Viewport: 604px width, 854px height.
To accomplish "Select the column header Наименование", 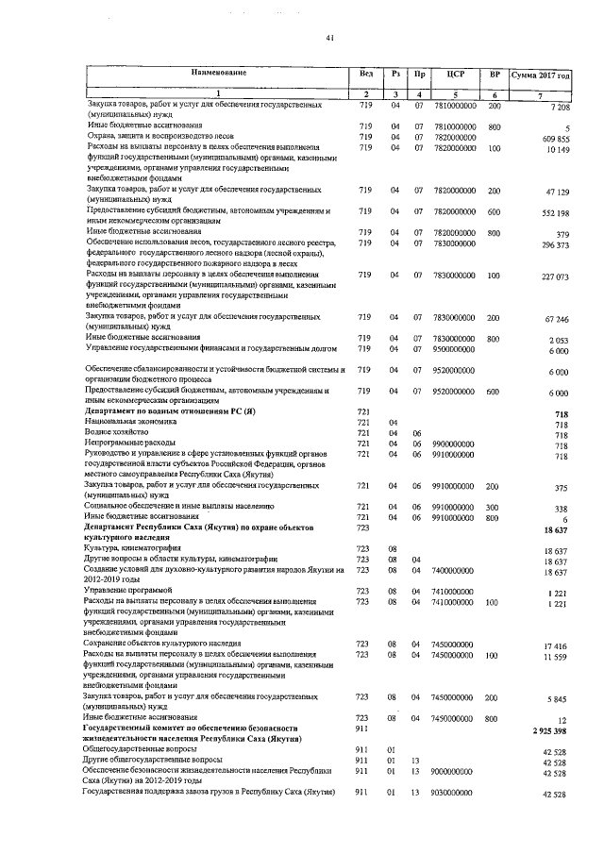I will (218, 73).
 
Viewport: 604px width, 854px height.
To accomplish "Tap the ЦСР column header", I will (454, 74).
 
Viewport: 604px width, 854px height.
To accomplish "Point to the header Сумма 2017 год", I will (540, 74).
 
